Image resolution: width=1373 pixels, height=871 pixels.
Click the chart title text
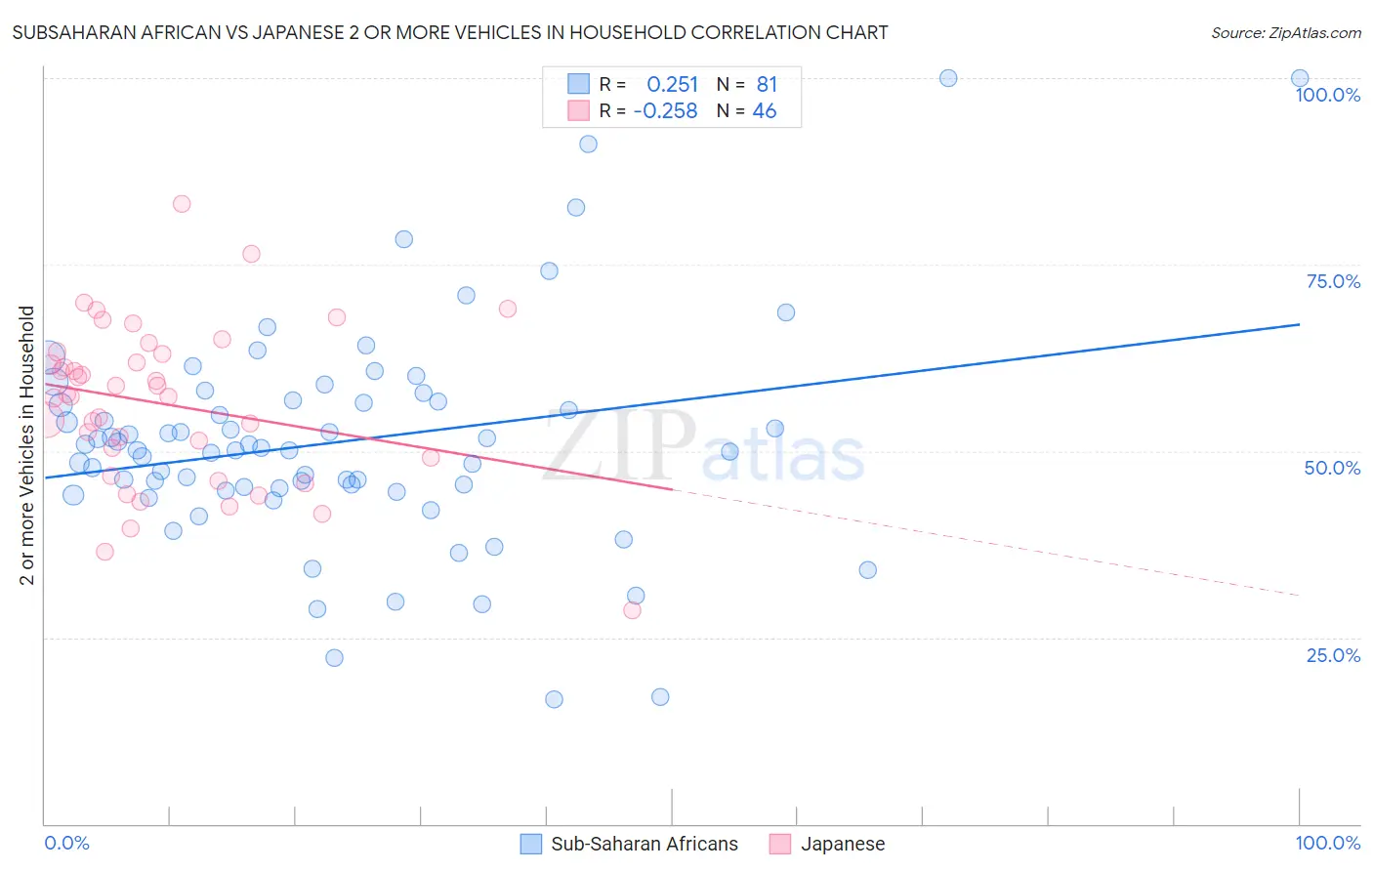tap(450, 32)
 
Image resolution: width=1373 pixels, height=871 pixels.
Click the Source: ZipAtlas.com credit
tap(1285, 32)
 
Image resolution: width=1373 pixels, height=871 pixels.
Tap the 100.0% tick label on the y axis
tap(1327, 95)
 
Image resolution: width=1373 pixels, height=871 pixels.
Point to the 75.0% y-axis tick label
tap(1333, 281)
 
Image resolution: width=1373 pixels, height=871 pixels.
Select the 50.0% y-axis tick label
tap(1332, 468)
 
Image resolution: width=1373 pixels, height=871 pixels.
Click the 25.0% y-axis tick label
tap(1333, 655)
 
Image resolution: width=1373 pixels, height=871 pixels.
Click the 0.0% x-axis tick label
tap(66, 843)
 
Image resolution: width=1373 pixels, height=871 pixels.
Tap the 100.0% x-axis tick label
tap(1327, 843)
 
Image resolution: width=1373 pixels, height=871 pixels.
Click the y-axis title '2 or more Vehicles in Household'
tap(27, 445)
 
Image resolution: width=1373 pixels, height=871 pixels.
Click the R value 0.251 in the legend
tap(672, 85)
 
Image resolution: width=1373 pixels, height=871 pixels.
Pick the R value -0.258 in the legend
tap(665, 111)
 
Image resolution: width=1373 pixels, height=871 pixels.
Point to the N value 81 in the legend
tap(767, 85)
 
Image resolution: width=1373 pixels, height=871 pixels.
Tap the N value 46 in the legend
tap(764, 111)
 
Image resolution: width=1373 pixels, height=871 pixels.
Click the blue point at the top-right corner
tap(1300, 78)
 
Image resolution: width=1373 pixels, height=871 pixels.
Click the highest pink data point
tap(182, 204)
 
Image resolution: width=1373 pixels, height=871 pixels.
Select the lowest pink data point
tap(632, 610)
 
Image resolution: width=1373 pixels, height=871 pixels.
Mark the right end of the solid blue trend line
tap(1300, 323)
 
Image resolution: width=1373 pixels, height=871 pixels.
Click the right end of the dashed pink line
tap(1300, 595)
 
